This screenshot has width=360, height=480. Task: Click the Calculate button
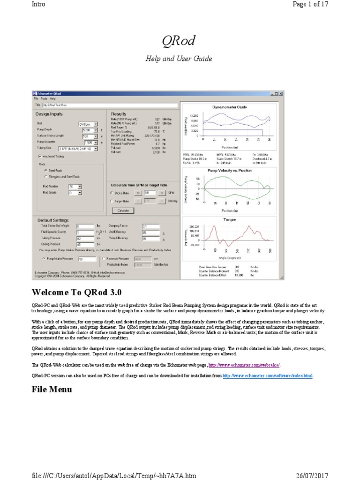pyautogui.click(x=123, y=210)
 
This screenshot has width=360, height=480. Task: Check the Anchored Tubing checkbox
pyautogui.click(x=40, y=156)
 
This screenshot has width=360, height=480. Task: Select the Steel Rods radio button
pyautogui.click(x=45, y=171)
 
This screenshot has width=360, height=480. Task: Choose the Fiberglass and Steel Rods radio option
pyautogui.click(x=45, y=177)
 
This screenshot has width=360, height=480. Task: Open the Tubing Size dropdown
pyautogui.click(x=96, y=149)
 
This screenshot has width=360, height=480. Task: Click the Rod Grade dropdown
pyautogui.click(x=80, y=193)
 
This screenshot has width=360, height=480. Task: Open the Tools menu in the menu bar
pyautogui.click(x=44, y=99)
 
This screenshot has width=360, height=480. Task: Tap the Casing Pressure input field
pyautogui.click(x=85, y=244)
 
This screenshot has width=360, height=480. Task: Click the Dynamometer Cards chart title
pyautogui.click(x=230, y=107)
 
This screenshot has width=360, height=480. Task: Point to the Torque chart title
pyautogui.click(x=230, y=219)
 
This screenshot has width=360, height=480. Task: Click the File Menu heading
pyautogui.click(x=52, y=389)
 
